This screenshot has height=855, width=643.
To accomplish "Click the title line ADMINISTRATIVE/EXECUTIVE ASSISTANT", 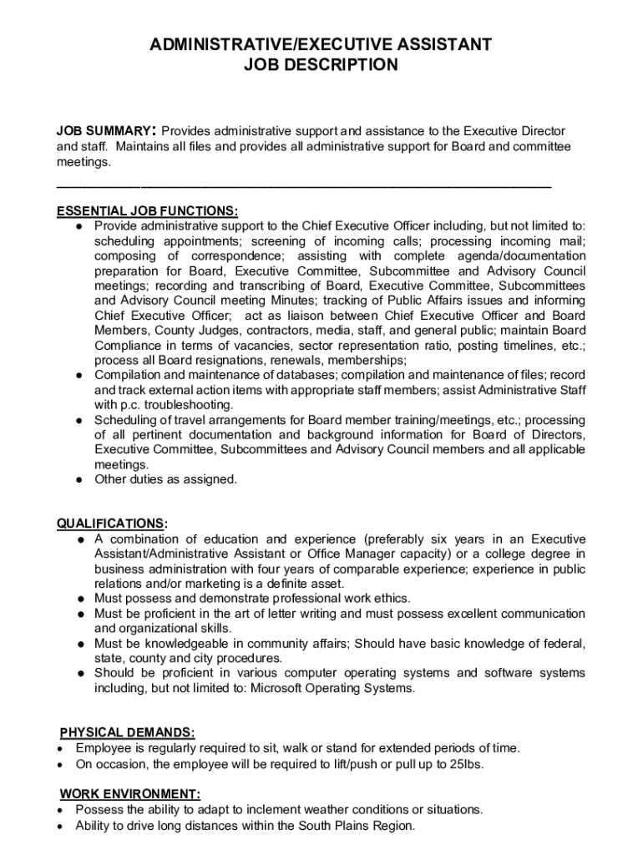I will click(x=321, y=44).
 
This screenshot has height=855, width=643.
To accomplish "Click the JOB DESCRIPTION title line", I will click(x=321, y=64).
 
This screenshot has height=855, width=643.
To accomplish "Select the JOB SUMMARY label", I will click(x=104, y=132).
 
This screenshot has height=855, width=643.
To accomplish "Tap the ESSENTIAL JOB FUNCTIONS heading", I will click(x=147, y=210).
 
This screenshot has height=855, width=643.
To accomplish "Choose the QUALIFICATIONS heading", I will click(x=111, y=524).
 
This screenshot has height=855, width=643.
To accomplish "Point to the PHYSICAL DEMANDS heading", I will click(x=128, y=732).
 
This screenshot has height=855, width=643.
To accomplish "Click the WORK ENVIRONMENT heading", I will click(x=129, y=794).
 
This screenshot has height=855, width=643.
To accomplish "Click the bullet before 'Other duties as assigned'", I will click(x=78, y=480).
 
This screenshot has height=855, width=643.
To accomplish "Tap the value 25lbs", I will click(x=465, y=764).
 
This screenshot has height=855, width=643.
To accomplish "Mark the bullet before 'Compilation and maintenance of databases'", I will click(x=78, y=375).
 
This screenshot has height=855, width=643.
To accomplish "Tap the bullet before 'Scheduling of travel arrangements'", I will click(x=78, y=420).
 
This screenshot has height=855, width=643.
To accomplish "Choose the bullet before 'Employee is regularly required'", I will click(x=62, y=748).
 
